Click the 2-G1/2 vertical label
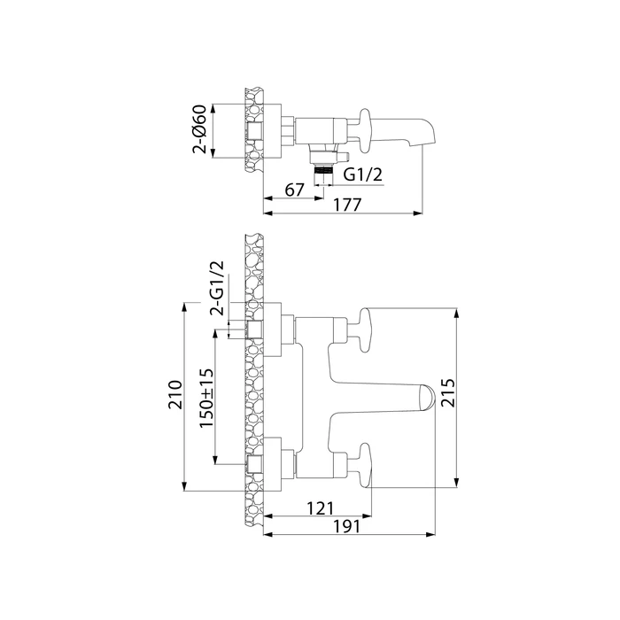point(216,288)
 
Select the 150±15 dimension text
point(205,399)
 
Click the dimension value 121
point(320,508)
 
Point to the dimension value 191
point(351,527)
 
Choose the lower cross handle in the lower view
point(365,464)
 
